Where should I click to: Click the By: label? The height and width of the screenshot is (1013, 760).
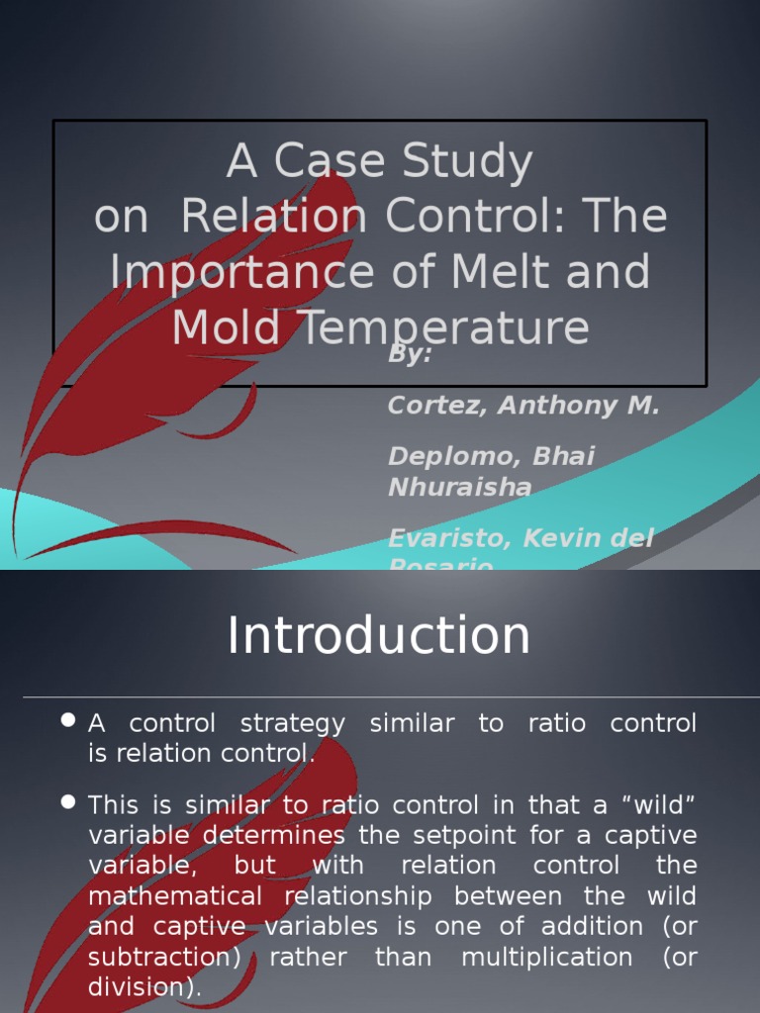coord(410,354)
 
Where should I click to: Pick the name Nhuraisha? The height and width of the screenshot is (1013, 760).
coord(459,487)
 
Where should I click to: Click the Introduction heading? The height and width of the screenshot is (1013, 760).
coord(379,635)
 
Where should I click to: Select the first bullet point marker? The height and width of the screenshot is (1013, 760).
coord(68,721)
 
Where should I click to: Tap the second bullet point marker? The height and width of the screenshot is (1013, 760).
coord(68,802)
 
